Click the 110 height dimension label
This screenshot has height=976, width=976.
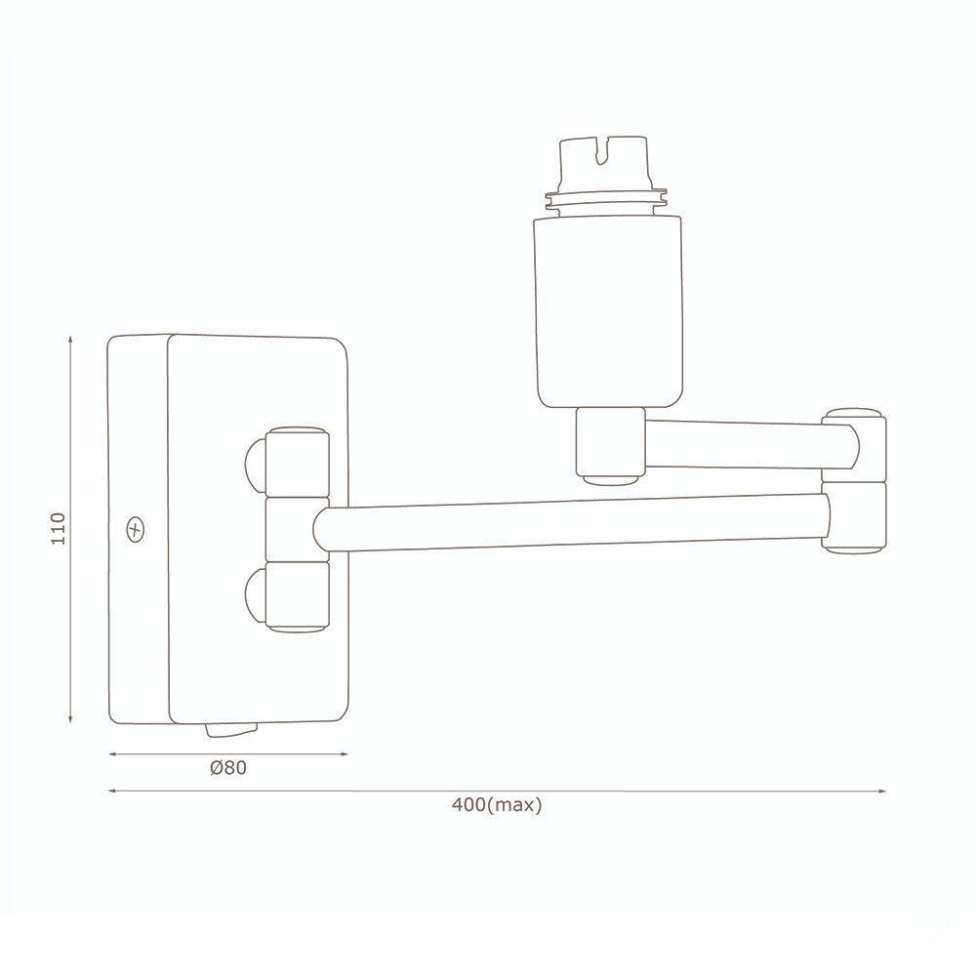58,528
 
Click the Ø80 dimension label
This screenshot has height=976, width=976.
228,768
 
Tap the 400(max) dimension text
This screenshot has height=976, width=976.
497,805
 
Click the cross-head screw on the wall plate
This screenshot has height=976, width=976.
135,530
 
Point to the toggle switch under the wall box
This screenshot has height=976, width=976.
231,729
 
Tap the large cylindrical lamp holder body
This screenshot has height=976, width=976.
606,311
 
